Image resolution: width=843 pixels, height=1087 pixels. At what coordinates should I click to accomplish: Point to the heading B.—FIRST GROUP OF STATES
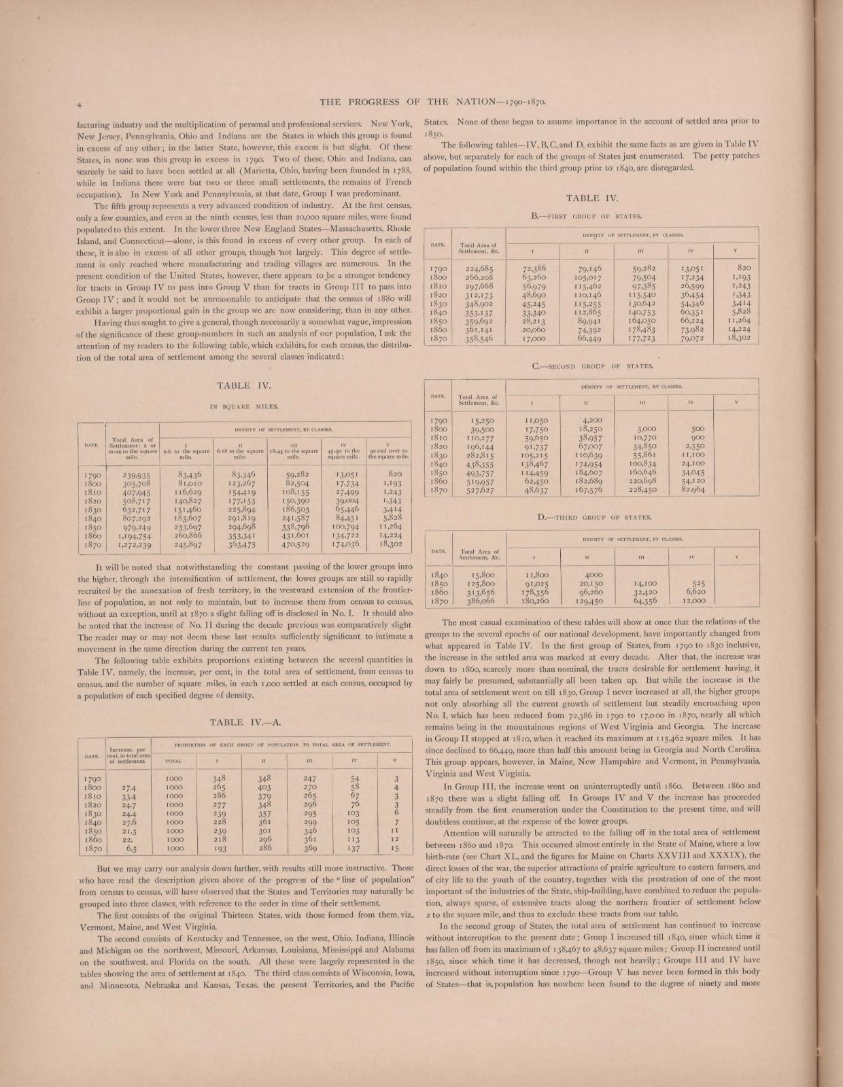coord(587,216)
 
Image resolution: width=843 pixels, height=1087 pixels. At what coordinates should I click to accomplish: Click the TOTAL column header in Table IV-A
coord(175,762)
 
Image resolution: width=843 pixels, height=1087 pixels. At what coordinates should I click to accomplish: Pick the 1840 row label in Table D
coord(438,573)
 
